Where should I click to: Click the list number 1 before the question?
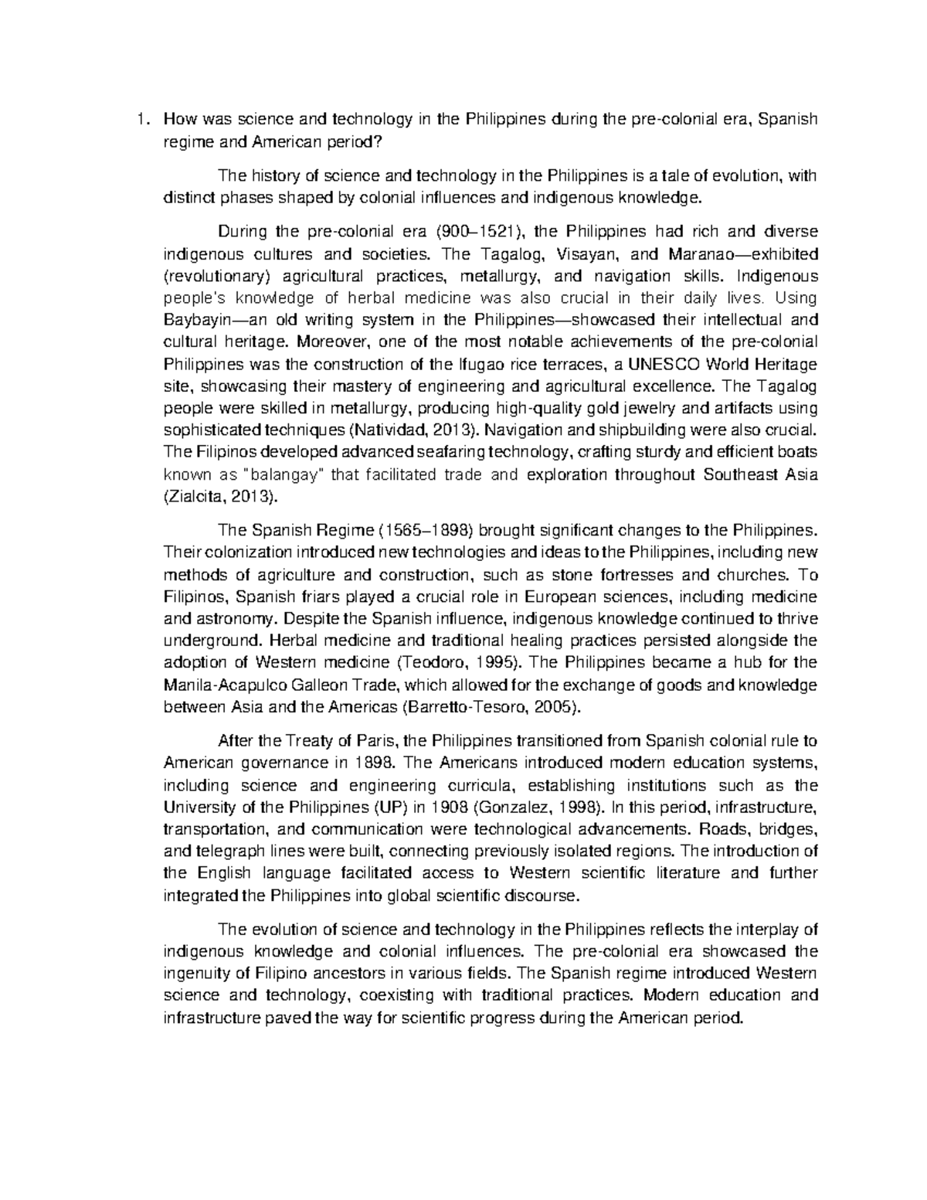tap(139, 119)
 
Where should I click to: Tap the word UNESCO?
tap(670, 364)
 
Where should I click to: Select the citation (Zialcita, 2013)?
tap(219, 497)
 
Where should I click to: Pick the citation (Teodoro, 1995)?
tap(459, 662)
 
